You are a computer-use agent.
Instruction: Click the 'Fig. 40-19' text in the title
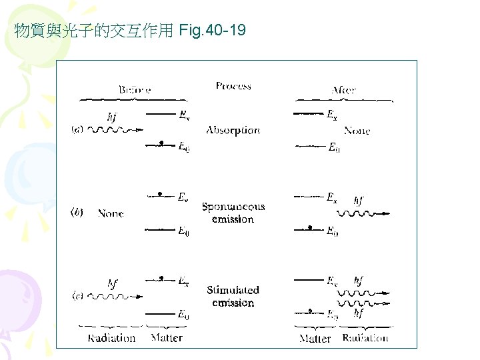pyautogui.click(x=213, y=30)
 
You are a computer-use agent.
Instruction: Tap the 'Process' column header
pyautogui.click(x=233, y=85)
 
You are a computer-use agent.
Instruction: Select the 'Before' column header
pyautogui.click(x=135, y=89)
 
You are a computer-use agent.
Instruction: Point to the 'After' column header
pyautogui.click(x=343, y=89)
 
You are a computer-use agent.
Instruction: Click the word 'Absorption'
pyautogui.click(x=233, y=130)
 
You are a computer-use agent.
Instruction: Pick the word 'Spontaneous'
pyautogui.click(x=233, y=207)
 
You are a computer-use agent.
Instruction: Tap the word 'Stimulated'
pyautogui.click(x=233, y=290)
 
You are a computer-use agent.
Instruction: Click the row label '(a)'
pyautogui.click(x=77, y=130)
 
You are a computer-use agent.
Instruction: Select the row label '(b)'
pyautogui.click(x=77, y=213)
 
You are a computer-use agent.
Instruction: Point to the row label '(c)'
pyautogui.click(x=77, y=295)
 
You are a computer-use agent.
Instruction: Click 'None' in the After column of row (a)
pyautogui.click(x=357, y=131)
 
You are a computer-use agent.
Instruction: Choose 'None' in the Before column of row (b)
pyautogui.click(x=111, y=213)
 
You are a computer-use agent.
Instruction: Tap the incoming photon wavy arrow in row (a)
pyautogui.click(x=117, y=130)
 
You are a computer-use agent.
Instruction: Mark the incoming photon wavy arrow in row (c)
pyautogui.click(x=117, y=295)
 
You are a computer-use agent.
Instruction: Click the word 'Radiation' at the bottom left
pyautogui.click(x=111, y=338)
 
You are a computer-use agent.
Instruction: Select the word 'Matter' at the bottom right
pyautogui.click(x=315, y=339)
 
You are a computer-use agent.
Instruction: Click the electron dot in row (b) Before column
pyautogui.click(x=161, y=195)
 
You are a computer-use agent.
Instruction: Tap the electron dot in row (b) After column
pyautogui.click(x=309, y=229)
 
